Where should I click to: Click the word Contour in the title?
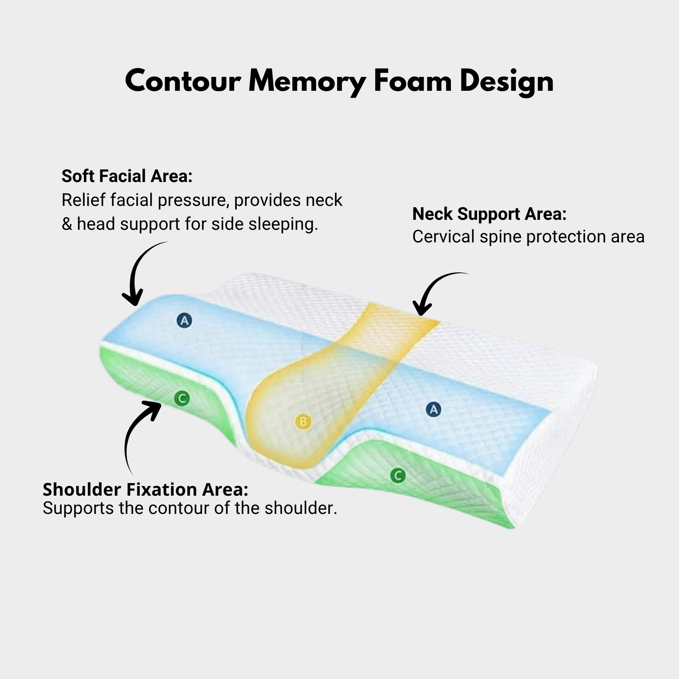click(183, 81)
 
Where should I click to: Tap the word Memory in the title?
click(307, 81)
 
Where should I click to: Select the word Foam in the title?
click(412, 81)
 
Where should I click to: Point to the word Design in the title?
click(507, 81)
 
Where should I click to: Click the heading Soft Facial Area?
click(127, 176)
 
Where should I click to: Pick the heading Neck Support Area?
click(489, 214)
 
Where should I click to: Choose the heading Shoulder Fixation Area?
click(145, 490)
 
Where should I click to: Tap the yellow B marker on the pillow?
click(303, 421)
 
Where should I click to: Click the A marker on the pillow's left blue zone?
click(184, 321)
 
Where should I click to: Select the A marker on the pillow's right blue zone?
click(433, 409)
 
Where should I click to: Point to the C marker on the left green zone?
click(182, 398)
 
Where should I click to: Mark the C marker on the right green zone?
click(397, 476)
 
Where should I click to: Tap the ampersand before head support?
click(67, 224)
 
